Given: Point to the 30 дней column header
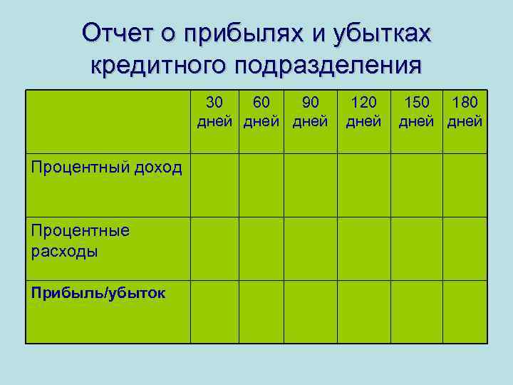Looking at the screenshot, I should (x=214, y=111).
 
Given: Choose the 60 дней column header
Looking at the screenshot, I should (x=261, y=111).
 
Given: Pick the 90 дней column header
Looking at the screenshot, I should (x=310, y=111).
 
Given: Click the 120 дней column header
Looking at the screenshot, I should (x=363, y=111).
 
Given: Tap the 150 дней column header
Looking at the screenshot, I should (x=418, y=111).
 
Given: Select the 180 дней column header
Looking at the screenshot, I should (x=465, y=111).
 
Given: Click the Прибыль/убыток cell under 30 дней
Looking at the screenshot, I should (x=214, y=311).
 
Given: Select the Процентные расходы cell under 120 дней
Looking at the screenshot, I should (x=363, y=247).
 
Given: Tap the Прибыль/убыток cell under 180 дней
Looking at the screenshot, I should (x=465, y=311).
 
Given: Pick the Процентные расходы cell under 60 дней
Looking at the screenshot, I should (x=261, y=247).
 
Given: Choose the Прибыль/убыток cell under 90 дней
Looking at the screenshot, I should (x=310, y=311).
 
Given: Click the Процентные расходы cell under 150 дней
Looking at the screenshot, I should (x=418, y=247).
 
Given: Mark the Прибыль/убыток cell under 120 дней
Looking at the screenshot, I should (x=363, y=311).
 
